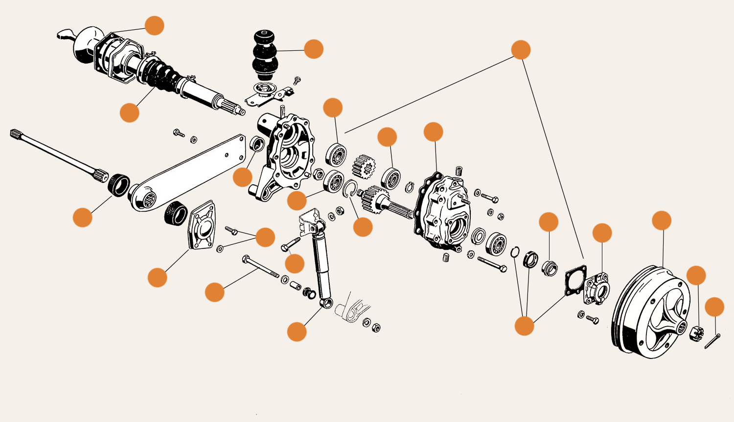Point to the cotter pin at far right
pos(712,341)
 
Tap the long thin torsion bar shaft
pos(54,152)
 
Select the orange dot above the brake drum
pos(662,221)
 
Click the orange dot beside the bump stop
pos(314,49)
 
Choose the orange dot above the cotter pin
pos(714,307)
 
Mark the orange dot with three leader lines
pos(524,326)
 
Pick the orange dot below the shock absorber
pos(297,331)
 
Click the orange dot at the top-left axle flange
pos(155,25)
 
